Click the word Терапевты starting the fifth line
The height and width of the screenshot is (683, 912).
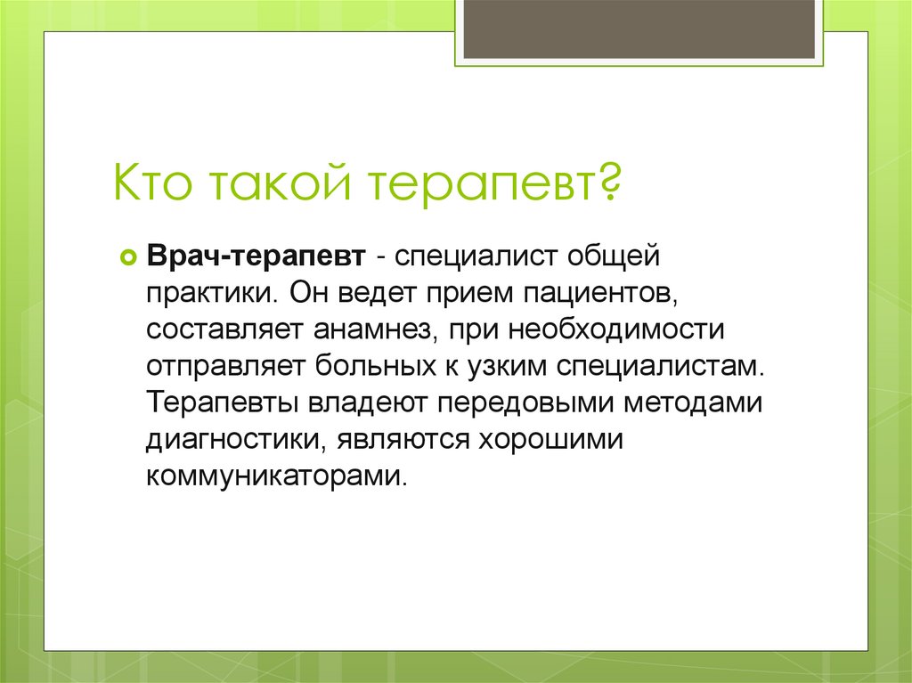pyautogui.click(x=224, y=403)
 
